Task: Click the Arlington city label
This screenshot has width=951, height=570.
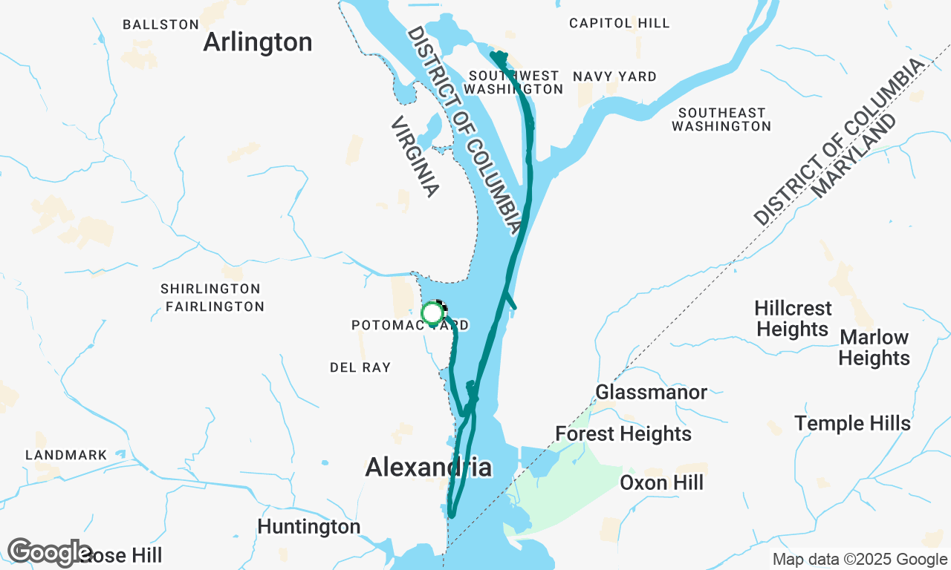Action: (257, 42)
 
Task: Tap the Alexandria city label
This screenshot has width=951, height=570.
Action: (428, 468)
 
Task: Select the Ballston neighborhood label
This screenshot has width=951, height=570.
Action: (160, 24)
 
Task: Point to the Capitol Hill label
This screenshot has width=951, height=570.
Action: (619, 23)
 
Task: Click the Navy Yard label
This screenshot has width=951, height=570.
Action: (614, 76)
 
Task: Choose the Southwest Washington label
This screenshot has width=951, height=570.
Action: (513, 82)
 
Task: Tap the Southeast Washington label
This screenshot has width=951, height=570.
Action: (721, 119)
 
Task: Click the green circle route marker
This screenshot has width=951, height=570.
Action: (432, 313)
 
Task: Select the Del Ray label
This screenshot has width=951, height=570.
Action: (360, 367)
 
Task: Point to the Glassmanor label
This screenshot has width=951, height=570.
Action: (651, 392)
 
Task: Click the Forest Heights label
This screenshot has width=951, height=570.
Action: (623, 433)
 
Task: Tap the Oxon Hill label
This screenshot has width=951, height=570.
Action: (661, 483)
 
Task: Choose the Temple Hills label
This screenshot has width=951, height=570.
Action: (852, 423)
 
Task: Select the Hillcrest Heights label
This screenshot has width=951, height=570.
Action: (793, 318)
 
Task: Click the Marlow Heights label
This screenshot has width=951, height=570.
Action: (874, 347)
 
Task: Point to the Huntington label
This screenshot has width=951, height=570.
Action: (308, 527)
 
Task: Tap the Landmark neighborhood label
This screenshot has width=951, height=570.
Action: (66, 455)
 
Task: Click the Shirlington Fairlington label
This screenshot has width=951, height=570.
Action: (212, 298)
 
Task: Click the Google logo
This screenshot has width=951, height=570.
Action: (49, 553)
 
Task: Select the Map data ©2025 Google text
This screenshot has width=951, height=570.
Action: (860, 560)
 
